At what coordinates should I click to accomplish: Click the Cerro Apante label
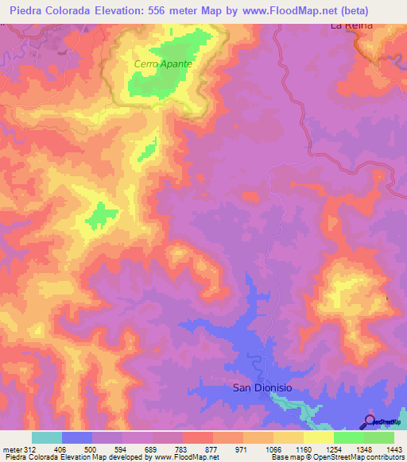click(x=163, y=63)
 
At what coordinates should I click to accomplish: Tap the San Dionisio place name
click(x=262, y=387)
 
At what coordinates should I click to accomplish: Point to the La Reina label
click(x=351, y=25)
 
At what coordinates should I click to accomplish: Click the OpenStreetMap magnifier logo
click(x=370, y=422)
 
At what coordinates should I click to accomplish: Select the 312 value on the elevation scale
click(x=31, y=449)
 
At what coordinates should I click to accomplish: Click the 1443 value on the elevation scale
click(x=392, y=449)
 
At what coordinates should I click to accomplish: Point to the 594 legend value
click(x=122, y=449)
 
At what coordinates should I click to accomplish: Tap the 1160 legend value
click(x=303, y=449)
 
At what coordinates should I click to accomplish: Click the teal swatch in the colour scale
click(x=46, y=437)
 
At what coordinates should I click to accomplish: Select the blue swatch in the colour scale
click(x=76, y=437)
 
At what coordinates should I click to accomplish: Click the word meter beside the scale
click(x=11, y=449)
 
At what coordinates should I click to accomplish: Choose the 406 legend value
click(x=61, y=449)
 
